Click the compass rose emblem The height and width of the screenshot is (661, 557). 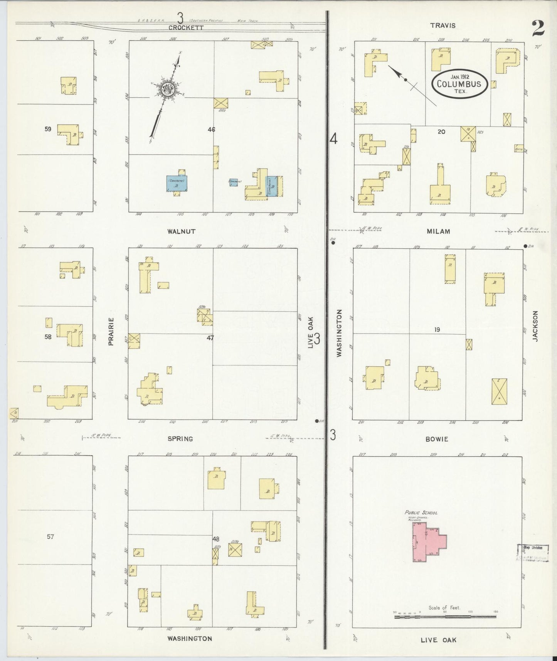point(168,89)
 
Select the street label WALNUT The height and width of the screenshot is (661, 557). point(181,231)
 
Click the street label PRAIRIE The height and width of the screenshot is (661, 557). point(111,331)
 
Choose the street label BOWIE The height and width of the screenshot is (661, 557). point(438,439)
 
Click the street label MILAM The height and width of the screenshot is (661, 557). point(439,231)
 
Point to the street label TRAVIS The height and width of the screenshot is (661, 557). point(443,25)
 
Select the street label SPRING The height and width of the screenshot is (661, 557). point(180,438)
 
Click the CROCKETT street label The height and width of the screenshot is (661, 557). point(186,27)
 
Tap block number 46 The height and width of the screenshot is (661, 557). point(211,130)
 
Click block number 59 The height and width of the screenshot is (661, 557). point(48,129)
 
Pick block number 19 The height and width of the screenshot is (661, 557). point(437,330)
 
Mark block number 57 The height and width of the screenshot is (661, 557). point(50,536)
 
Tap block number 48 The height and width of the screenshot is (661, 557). point(216,539)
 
